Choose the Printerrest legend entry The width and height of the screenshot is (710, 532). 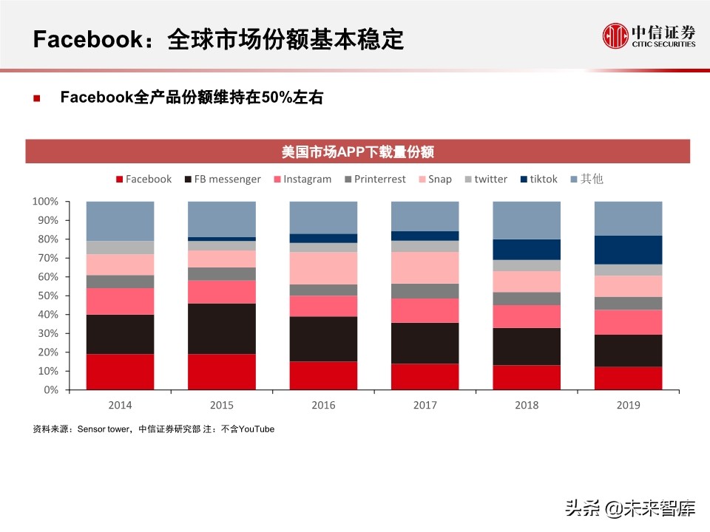[x=373, y=179]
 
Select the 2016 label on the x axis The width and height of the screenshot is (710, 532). [x=323, y=405]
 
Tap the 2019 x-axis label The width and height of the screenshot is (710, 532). [x=627, y=405]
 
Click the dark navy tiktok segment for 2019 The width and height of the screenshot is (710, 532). [x=628, y=250]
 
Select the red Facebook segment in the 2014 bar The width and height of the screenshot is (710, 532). [x=120, y=372]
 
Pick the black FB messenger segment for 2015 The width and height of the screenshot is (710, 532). [x=222, y=329]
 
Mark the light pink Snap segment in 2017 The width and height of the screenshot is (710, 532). [x=425, y=267]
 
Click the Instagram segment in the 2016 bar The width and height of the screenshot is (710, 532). [x=323, y=306]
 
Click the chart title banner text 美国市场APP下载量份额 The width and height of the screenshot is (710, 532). [x=357, y=152]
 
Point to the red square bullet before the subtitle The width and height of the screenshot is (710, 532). [x=36, y=98]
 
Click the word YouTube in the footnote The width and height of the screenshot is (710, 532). [x=257, y=429]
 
